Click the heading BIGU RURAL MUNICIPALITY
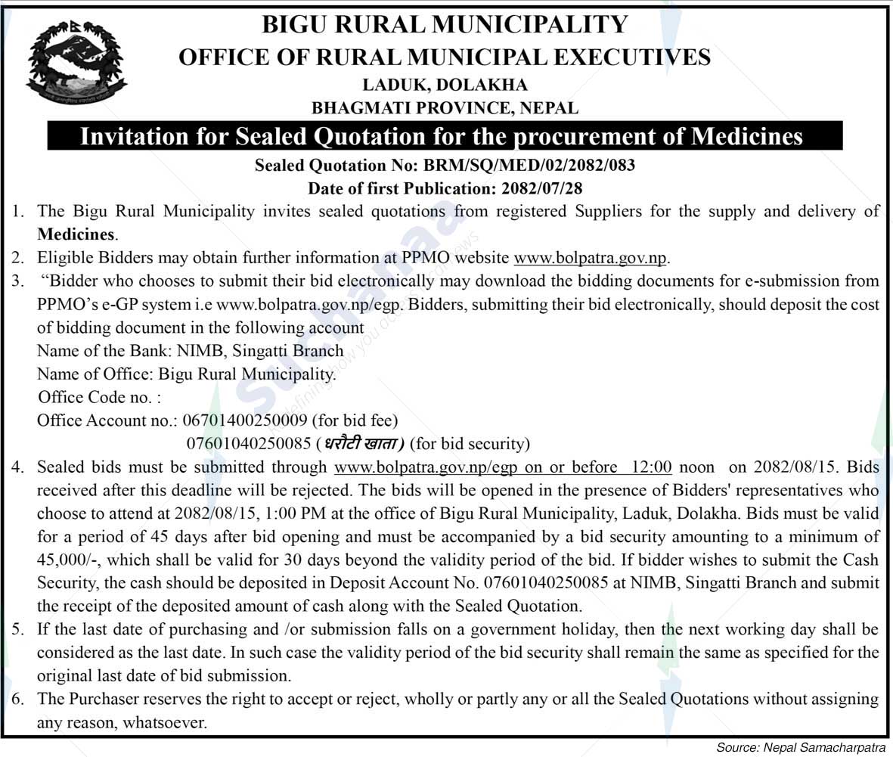[x=445, y=24]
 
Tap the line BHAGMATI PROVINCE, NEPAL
[x=445, y=107]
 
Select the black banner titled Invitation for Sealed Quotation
[x=445, y=137]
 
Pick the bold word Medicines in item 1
[x=76, y=234]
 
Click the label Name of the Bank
[x=93, y=351]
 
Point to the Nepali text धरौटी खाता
[x=364, y=443]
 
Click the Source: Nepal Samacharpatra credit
[x=801, y=748]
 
